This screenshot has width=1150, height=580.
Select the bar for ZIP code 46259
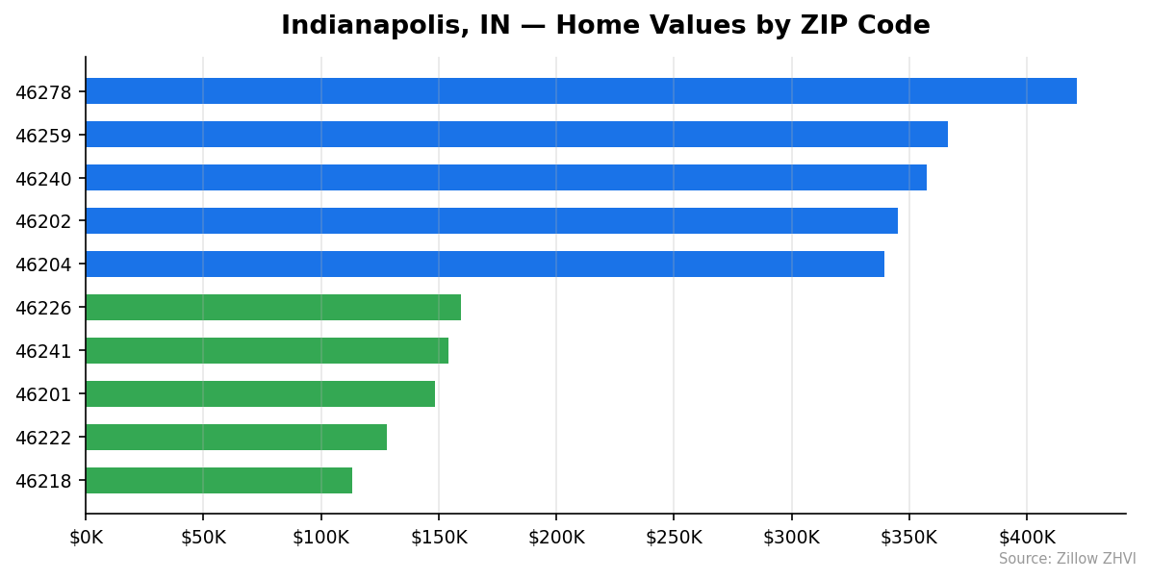tap(516, 135)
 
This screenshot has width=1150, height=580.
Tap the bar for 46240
tap(505, 178)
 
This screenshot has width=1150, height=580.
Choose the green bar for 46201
tap(260, 394)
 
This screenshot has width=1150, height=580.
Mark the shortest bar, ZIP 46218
tap(218, 481)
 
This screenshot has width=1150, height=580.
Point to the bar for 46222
tap(236, 438)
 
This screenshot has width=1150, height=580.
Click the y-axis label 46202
tap(43, 222)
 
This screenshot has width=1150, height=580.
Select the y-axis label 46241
tap(43, 352)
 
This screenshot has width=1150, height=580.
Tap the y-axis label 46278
tap(43, 92)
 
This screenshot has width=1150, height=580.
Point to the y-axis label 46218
tap(43, 482)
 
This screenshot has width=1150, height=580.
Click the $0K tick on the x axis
tap(86, 538)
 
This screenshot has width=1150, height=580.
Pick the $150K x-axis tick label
tap(439, 538)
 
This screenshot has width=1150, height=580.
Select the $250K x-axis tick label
tap(674, 538)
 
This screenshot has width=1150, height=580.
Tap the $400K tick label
tap(1027, 538)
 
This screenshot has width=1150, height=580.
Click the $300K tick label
tap(792, 538)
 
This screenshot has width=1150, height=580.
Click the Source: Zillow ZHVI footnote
tap(1066, 559)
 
